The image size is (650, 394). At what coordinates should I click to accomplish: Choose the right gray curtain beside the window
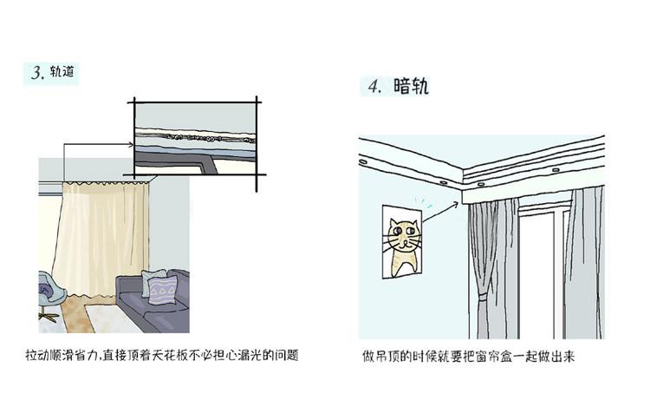586,260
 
